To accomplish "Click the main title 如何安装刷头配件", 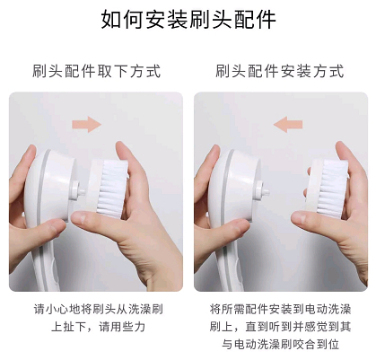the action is pyautogui.click(x=188, y=20).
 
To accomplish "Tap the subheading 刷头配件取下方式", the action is pyautogui.click(x=97, y=71).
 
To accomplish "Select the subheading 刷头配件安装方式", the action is pyautogui.click(x=280, y=71).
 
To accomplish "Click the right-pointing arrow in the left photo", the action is pyautogui.click(x=87, y=125).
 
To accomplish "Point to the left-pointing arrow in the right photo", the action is pyautogui.click(x=288, y=125).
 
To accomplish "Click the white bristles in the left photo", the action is pyautogui.click(x=113, y=189).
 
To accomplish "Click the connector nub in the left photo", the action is pyautogui.click(x=77, y=190).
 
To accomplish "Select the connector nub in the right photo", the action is pyautogui.click(x=262, y=190).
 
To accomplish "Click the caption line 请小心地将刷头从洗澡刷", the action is pyautogui.click(x=99, y=309).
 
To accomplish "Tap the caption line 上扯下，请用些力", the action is pyautogui.click(x=99, y=327).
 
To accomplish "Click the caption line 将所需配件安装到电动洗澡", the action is pyautogui.click(x=280, y=309).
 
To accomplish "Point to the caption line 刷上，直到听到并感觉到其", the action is pyautogui.click(x=280, y=327).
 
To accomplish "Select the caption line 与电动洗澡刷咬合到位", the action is pyautogui.click(x=280, y=344).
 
